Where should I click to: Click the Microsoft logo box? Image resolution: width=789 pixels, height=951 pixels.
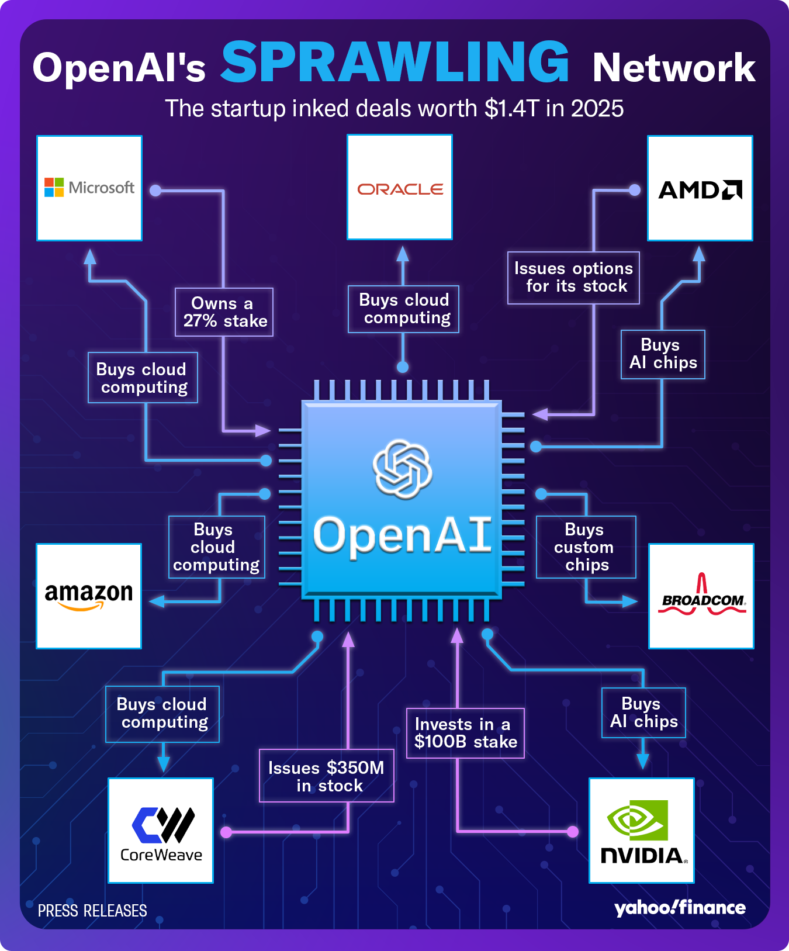(89, 188)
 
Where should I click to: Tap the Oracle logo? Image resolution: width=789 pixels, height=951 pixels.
(400, 188)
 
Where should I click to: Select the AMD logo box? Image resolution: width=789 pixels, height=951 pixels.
(700, 188)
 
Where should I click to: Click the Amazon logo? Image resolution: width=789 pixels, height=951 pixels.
(89, 596)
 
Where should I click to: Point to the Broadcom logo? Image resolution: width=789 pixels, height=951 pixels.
(701, 596)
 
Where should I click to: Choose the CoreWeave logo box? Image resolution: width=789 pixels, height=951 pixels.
(161, 830)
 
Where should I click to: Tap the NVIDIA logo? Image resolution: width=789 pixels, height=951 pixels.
(642, 830)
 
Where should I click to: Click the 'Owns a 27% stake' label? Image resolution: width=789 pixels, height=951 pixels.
(224, 312)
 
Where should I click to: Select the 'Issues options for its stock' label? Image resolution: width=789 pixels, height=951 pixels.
(573, 278)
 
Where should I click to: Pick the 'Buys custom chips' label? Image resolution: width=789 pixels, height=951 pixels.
(586, 547)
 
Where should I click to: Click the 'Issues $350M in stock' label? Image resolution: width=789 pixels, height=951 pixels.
(327, 776)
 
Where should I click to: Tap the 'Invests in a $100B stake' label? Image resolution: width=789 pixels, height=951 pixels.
(465, 733)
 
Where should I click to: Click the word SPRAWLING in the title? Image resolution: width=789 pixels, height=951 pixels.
(395, 63)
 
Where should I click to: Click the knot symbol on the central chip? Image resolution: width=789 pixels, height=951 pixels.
(402, 469)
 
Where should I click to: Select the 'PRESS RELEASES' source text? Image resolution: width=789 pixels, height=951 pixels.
(92, 911)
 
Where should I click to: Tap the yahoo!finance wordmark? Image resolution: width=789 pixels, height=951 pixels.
(680, 908)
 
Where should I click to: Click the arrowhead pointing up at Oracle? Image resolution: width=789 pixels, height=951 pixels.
(403, 254)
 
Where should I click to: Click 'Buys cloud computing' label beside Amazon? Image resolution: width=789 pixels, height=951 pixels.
(216, 547)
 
